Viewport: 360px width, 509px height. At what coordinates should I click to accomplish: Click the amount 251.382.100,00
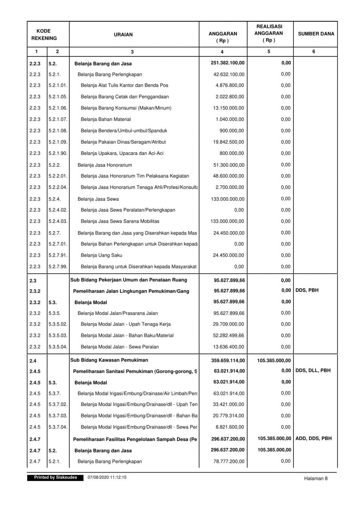pyautogui.click(x=228, y=63)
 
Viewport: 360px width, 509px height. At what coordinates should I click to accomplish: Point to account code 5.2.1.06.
pyautogui.click(x=58, y=108)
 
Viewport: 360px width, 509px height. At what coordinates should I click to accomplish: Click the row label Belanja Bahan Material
pyautogui.click(x=106, y=120)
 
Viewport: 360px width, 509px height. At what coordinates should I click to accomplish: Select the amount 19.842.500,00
pyautogui.click(x=228, y=142)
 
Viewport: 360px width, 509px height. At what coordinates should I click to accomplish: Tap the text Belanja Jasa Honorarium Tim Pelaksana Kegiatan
pyautogui.click(x=135, y=176)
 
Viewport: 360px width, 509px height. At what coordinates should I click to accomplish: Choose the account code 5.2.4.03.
pyautogui.click(x=58, y=221)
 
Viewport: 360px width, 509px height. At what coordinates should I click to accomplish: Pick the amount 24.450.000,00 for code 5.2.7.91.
pyautogui.click(x=228, y=255)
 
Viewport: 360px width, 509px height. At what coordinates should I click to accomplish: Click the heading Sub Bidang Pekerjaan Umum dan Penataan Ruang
pyautogui.click(x=129, y=280)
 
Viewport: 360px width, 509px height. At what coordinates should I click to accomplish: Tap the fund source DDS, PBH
pyautogui.click(x=307, y=291)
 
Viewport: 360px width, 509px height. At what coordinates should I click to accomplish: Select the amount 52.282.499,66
pyautogui.click(x=228, y=336)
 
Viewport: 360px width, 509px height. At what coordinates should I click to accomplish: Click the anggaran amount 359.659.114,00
pyautogui.click(x=228, y=361)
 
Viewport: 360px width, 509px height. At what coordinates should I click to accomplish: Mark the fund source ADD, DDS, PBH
pyautogui.click(x=313, y=439)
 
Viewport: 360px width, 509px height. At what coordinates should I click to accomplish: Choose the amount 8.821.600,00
pyautogui.click(x=230, y=427)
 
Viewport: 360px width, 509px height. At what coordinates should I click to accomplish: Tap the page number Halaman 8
pyautogui.click(x=316, y=478)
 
